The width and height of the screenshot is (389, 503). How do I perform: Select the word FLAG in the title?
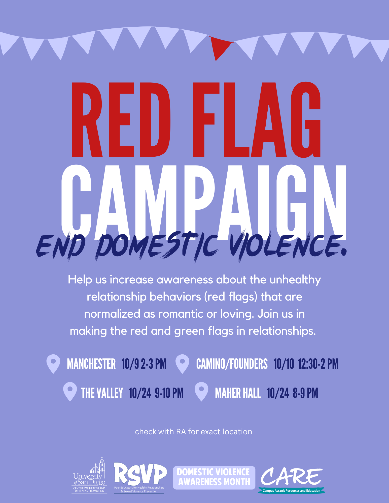click(x=257, y=120)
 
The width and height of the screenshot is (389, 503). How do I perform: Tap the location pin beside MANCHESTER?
click(x=53, y=364)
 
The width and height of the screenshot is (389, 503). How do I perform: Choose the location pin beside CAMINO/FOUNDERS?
click(x=182, y=364)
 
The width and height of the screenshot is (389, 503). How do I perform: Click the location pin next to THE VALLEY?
click(x=70, y=392)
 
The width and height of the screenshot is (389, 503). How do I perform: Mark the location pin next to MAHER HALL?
click(x=201, y=392)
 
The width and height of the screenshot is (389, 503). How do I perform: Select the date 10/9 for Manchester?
click(x=130, y=364)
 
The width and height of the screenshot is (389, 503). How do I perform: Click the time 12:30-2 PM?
click(x=318, y=364)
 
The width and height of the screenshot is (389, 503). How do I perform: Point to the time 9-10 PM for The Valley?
click(x=169, y=393)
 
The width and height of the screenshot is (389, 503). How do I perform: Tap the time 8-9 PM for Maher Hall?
click(x=305, y=393)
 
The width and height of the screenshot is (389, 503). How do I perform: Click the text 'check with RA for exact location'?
click(x=193, y=432)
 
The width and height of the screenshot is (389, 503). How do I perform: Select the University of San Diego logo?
click(x=89, y=475)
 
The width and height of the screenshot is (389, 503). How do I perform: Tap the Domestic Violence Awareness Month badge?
click(x=214, y=478)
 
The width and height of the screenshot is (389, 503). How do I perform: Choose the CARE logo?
click(x=291, y=480)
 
